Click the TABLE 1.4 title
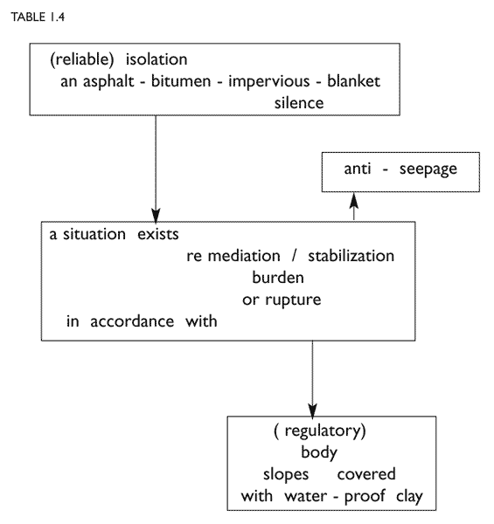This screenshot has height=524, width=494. coord(38,17)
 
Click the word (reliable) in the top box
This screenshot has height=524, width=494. coord(82,59)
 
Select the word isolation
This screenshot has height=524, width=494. coord(157,59)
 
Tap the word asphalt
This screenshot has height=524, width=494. coord(108,81)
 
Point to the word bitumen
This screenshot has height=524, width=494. coord(181,81)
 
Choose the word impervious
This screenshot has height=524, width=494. coord(269,81)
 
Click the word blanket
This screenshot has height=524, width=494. coord(353,81)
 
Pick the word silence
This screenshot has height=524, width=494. coord(299,103)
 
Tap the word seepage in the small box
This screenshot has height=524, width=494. coord(428,169)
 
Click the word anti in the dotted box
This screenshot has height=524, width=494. coord(358,169)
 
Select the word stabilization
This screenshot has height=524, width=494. coord(351,256)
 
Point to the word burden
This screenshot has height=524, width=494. coord(278,278)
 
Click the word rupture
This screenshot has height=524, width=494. coord(293,300)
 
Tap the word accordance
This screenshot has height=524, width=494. coord(132,321)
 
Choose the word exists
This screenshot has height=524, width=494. coord(158,234)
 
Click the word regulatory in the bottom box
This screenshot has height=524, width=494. coord(324,431)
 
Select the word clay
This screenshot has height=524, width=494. coord(409,497)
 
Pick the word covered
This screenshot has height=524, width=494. coord(366,474)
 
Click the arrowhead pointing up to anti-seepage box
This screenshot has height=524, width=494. coord(354,200)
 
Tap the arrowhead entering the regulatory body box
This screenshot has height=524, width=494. coord(312,410)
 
